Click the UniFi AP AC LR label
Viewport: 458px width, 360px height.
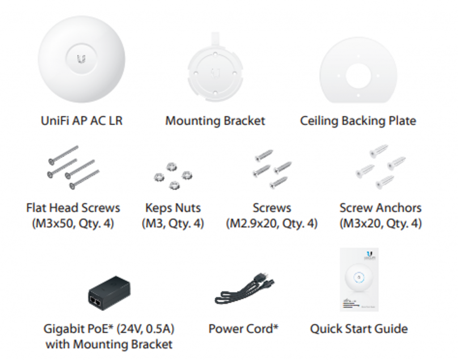pyautogui.click(x=81, y=121)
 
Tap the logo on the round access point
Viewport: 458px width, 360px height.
pyautogui.click(x=81, y=59)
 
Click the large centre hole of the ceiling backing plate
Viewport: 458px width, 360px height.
pyautogui.click(x=358, y=76)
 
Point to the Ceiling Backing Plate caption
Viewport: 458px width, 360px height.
pyautogui.click(x=358, y=121)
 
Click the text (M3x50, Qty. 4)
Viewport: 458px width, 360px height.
pyautogui.click(x=73, y=224)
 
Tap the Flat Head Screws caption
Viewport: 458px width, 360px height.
pyautogui.click(x=73, y=208)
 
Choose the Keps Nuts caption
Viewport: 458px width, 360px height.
pyautogui.click(x=173, y=208)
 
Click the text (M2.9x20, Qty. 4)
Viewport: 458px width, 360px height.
pyautogui.click(x=271, y=224)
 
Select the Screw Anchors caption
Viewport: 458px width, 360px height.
pyautogui.click(x=380, y=208)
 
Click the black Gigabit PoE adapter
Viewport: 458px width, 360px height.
pyautogui.click(x=109, y=293)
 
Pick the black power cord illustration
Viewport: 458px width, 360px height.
pyautogui.click(x=245, y=289)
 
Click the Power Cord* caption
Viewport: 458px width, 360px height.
pyautogui.click(x=243, y=329)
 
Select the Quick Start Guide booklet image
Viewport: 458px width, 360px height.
pyautogui.click(x=359, y=280)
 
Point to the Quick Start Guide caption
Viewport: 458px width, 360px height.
pyautogui.click(x=359, y=329)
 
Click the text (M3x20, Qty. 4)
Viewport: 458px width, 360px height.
pyautogui.click(x=381, y=224)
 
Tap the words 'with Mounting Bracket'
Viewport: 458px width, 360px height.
pyautogui.click(x=109, y=344)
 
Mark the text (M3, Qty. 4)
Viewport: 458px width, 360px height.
pyautogui.click(x=173, y=224)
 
